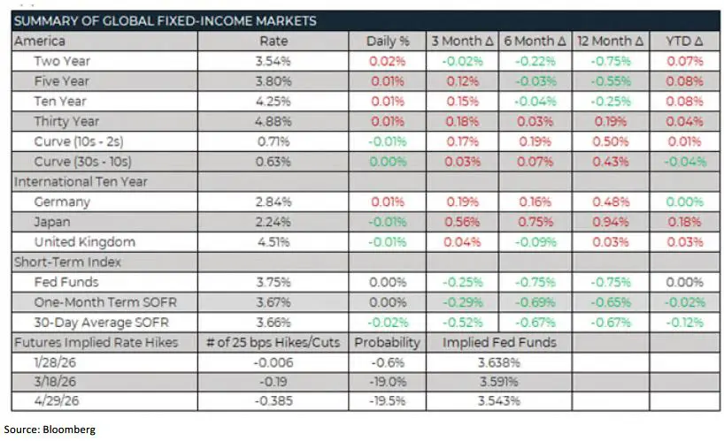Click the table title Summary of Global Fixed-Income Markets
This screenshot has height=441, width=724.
coord(166,20)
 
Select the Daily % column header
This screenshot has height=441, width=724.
coord(388,41)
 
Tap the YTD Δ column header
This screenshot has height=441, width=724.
coord(683,41)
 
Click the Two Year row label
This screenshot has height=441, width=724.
coord(63,61)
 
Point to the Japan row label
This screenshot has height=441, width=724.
coord(53,222)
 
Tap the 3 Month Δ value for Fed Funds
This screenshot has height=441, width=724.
coord(462,282)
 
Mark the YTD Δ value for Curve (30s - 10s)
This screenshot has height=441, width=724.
coord(683,162)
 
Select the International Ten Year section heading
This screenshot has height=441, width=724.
coord(80,182)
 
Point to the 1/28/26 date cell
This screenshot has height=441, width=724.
coord(57,362)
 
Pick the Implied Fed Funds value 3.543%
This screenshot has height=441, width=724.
coord(499,402)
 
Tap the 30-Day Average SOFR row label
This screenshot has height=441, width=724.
coord(93,323)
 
